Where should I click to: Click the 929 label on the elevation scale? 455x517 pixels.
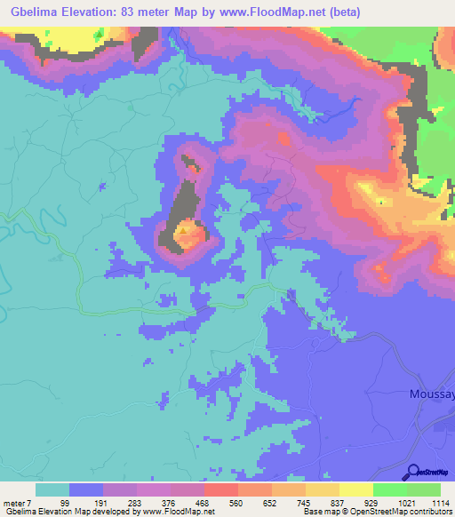pos(372,502)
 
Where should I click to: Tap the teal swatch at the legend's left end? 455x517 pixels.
pos(52,489)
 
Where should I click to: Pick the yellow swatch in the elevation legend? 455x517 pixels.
pos(355,489)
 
